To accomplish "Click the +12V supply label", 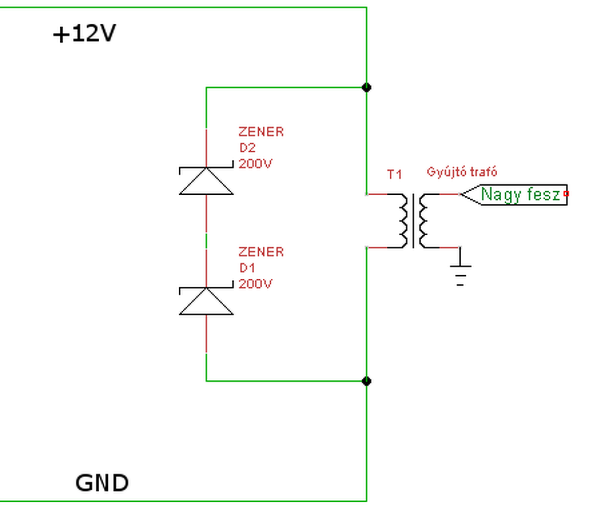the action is [84, 34].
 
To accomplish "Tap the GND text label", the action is [102, 483].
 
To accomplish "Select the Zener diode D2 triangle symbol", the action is [206, 180].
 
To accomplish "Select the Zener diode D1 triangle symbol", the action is [206, 300].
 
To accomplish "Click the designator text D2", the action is [248, 148].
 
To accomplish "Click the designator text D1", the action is [247, 268].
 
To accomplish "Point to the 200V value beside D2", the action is [256, 164].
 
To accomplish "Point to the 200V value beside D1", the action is [256, 284].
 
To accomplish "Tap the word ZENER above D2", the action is [261, 132].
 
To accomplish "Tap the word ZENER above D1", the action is [261, 252].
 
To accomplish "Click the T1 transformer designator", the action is [394, 175].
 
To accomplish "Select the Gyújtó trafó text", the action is [462, 172].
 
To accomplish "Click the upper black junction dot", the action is [367, 88].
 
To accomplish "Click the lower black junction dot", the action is [367, 381].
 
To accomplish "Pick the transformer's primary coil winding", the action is [403, 221].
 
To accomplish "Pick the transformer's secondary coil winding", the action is [423, 221].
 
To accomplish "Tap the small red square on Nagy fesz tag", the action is [566, 193].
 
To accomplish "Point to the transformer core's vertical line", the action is [414, 221].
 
